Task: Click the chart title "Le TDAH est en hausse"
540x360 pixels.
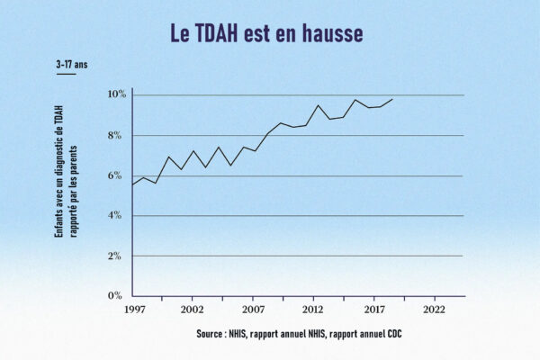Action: coord(267,33)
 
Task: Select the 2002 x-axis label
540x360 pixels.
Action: coord(192,310)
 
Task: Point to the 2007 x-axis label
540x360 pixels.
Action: coord(253,310)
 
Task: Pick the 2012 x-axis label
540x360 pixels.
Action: coord(313,310)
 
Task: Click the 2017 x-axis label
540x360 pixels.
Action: coord(374,310)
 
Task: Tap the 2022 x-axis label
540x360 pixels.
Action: coord(435,310)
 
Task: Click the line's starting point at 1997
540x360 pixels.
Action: coord(133,184)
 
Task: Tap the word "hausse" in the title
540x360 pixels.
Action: coord(331,33)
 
